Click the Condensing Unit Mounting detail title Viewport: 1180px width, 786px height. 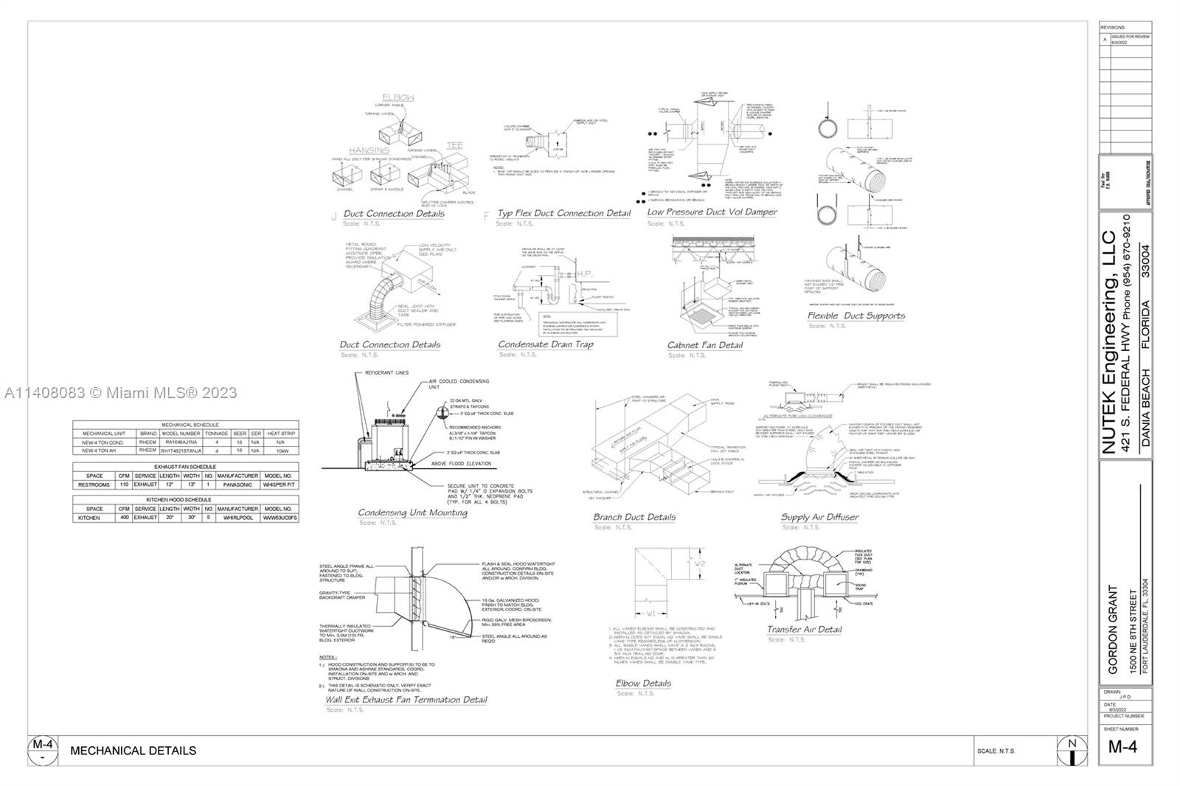[x=412, y=512]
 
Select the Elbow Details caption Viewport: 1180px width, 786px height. [x=643, y=684]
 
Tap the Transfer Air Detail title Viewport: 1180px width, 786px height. [x=804, y=629]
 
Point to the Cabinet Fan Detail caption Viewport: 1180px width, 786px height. [x=705, y=345]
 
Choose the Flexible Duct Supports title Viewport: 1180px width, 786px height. [x=855, y=316]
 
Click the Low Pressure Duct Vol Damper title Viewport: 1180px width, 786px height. [x=712, y=212]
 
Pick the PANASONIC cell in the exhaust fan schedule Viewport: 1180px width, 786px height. [x=237, y=485]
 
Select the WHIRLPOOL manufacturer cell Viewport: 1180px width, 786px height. [x=237, y=518]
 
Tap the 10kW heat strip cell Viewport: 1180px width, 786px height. [x=281, y=451]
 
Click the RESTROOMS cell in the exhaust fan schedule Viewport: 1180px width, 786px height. [x=94, y=485]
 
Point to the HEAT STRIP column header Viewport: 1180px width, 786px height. [x=281, y=434]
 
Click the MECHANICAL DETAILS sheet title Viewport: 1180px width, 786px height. [x=133, y=751]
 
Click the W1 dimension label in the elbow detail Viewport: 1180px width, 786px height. [x=651, y=613]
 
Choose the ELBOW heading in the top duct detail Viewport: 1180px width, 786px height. [x=398, y=97]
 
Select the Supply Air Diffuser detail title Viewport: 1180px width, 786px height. [x=819, y=517]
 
